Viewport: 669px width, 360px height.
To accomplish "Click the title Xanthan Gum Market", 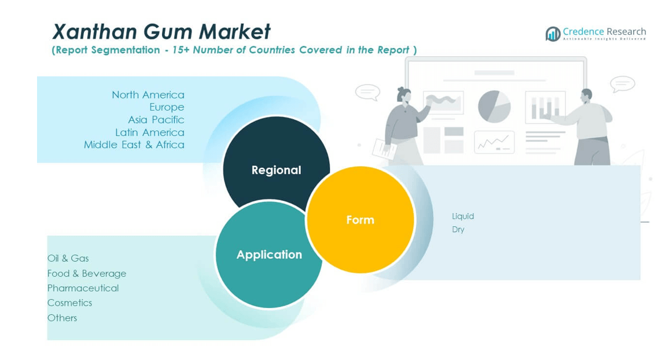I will pos(161,31).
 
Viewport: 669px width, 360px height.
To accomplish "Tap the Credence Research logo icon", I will pos(553,34).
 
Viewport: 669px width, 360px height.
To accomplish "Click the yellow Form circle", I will pos(360,219).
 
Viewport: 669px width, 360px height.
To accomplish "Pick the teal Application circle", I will pos(269,255).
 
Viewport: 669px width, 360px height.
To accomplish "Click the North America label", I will pos(148,94).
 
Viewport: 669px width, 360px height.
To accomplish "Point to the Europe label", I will pos(167,107).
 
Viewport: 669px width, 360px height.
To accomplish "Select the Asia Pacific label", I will pos(156,120).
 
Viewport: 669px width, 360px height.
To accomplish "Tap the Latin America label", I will pos(149,133).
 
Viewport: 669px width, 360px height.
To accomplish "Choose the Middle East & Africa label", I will pos(134,145).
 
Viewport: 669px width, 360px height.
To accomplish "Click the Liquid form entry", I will pos(463,216).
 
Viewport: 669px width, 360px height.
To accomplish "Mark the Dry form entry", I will pos(458,229).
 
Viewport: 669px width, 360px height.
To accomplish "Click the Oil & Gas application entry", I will pos(68,258).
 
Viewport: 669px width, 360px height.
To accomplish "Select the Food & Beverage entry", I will pos(87,273).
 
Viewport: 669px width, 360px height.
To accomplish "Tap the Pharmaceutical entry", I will pos(83,288).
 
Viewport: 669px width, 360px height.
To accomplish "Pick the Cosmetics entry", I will pos(69,303).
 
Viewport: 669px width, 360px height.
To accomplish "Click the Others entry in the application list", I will pos(62,318).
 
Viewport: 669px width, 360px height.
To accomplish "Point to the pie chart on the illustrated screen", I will pos(494,106).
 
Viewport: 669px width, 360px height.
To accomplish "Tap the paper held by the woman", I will pos(384,149).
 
